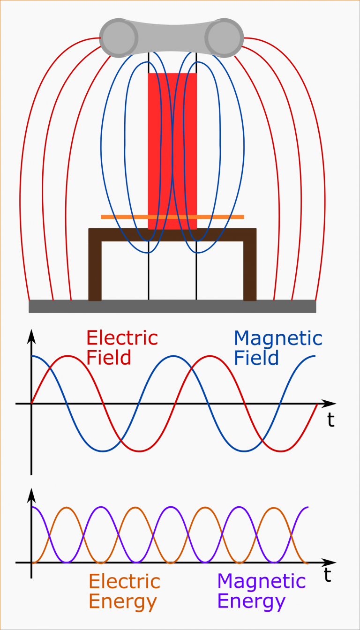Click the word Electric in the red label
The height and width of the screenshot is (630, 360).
[x=122, y=338]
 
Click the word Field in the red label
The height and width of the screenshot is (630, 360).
[x=109, y=358]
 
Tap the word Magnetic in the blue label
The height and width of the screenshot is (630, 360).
[x=278, y=338]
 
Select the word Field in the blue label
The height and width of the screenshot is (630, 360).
[x=256, y=358]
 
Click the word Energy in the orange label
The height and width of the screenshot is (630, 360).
[x=123, y=602]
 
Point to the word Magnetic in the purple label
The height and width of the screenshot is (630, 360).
[x=261, y=582]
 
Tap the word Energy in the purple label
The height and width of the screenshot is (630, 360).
[x=251, y=602]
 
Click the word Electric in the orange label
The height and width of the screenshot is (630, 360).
[x=124, y=582]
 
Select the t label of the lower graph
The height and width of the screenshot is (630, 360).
[x=328, y=575]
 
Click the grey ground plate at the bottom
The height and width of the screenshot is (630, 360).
[x=172, y=306]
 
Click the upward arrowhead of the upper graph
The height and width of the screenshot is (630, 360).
[x=31, y=335]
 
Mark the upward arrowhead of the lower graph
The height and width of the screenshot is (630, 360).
[x=31, y=495]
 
